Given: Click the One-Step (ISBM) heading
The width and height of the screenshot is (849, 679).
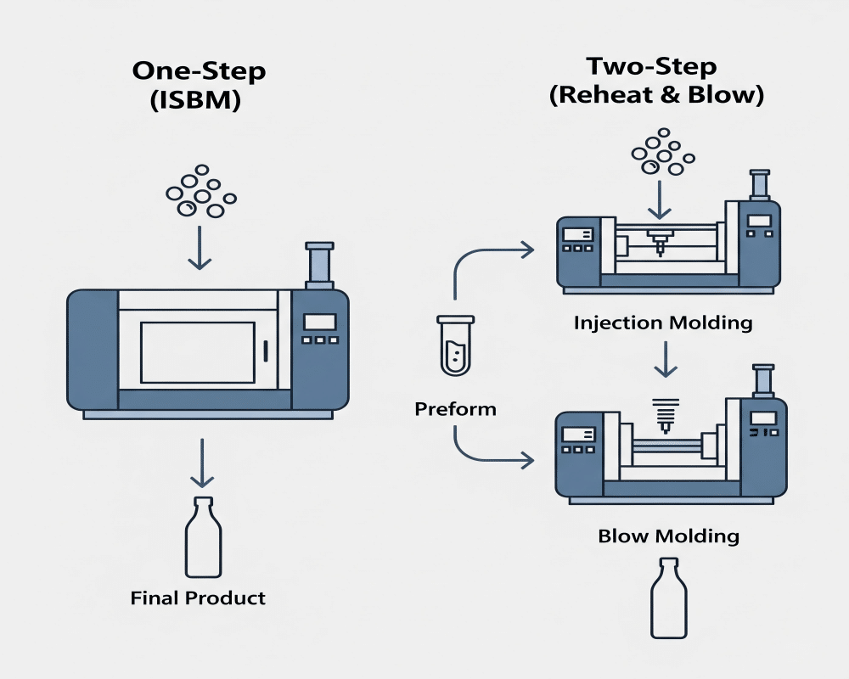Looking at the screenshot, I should pos(199,85).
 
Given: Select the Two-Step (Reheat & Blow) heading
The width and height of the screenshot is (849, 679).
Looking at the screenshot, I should pos(656,80).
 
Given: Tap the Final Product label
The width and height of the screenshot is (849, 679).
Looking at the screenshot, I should pos(198,598).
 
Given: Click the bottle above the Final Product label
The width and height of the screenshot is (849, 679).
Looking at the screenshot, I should pos(203,538).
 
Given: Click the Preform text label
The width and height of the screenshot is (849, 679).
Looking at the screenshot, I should pos(455,409).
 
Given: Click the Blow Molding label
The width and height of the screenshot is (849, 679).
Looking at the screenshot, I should pos(668,536).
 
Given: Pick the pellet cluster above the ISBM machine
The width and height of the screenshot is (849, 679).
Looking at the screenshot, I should pos(200,193).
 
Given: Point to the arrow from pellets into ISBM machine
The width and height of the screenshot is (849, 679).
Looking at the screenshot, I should pos(200,247).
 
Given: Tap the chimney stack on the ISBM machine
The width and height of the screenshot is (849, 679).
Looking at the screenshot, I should pos(320,266).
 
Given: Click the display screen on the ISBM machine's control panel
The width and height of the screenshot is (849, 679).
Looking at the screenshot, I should pos(320,322).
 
